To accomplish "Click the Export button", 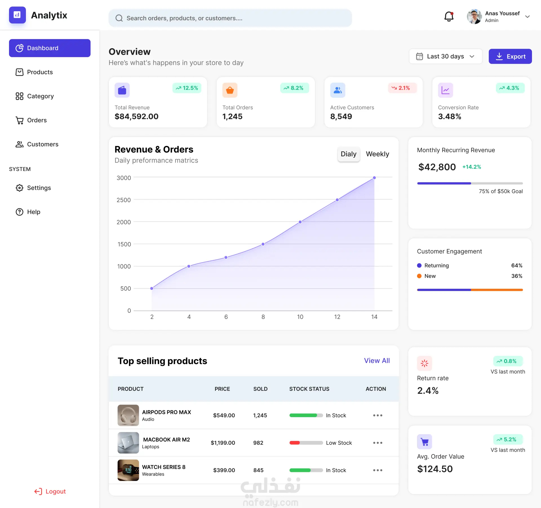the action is click(510, 56).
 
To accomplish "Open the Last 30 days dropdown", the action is click(445, 56).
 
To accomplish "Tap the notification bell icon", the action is click(449, 17).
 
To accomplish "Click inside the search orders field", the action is click(230, 18).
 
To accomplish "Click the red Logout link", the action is click(50, 491).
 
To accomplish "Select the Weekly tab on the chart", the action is click(377, 154).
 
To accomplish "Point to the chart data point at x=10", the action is click(300, 222).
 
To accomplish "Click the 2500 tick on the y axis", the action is click(124, 200).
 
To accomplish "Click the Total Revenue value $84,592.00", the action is click(136, 116).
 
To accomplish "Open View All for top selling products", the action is click(377, 361).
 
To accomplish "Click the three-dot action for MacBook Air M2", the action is click(378, 443).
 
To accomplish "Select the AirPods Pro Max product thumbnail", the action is click(128, 415).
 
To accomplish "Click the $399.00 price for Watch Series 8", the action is click(224, 470).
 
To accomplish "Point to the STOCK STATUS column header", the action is click(309, 389).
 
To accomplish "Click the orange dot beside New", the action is click(419, 276).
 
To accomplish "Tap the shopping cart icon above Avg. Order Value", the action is click(424, 442).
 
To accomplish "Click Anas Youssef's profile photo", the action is click(474, 17).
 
